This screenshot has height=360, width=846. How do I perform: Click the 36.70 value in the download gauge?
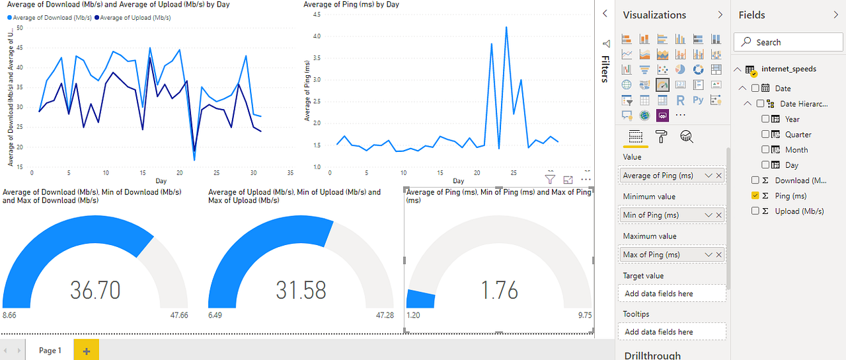pos(95,289)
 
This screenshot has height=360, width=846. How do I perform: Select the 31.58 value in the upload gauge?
pos(301,289)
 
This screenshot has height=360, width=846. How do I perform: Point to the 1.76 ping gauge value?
pos(499,289)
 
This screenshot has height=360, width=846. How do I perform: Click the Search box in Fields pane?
pos(788,42)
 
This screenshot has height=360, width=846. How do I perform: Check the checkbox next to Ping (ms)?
pos(755,196)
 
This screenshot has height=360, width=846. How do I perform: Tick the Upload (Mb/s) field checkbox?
pos(755,211)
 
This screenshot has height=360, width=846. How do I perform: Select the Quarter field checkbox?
pos(765,134)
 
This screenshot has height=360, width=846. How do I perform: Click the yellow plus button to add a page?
pos(86,351)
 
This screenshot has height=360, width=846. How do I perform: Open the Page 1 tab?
pos(50,351)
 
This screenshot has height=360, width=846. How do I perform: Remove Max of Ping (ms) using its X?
pos(719,254)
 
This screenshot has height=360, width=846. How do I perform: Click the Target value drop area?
pos(672,293)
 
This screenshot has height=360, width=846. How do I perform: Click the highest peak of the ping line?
pos(506,27)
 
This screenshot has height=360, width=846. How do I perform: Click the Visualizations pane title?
pos(654,15)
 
